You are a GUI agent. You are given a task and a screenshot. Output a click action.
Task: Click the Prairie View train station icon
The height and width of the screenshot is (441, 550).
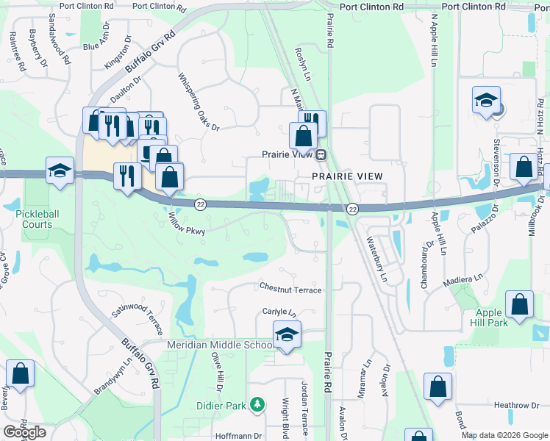click(321, 154)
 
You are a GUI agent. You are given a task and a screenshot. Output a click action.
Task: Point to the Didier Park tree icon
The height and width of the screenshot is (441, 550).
click(257, 404)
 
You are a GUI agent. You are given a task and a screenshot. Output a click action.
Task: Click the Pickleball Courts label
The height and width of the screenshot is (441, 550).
click(34, 219)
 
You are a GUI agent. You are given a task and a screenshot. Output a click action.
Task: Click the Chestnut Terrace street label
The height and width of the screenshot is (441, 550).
click(290, 290)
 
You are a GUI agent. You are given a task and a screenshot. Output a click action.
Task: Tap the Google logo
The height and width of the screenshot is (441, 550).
click(24, 432)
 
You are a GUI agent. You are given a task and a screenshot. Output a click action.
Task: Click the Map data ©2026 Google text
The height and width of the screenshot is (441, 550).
click(504, 435)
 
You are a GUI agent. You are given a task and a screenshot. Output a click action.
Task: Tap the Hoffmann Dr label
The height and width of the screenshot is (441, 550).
click(238, 435)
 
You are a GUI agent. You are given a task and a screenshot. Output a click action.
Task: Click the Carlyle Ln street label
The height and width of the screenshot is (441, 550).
click(279, 312)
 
